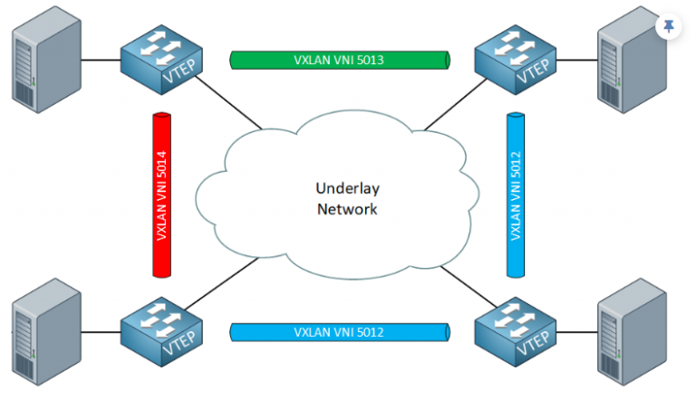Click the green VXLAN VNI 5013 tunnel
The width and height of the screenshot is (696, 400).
[x=341, y=61]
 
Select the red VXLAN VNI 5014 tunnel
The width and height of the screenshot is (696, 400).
[x=163, y=195]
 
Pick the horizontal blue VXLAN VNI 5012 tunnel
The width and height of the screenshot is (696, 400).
[x=341, y=332]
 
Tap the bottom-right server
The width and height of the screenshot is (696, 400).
[x=631, y=339]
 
